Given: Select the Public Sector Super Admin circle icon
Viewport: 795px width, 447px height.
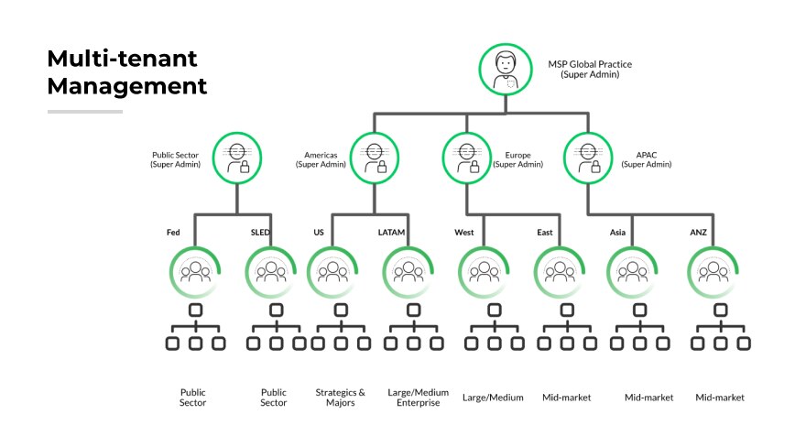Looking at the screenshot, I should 236,157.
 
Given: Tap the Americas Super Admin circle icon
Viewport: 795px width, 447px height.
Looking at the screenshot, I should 374,157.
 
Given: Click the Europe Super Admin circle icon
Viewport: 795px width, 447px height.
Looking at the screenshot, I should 465,157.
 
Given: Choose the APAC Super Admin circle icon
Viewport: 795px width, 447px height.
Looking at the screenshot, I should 586,157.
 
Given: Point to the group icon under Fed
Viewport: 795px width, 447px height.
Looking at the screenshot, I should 195,272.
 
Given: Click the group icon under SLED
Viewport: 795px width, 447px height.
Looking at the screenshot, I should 272,272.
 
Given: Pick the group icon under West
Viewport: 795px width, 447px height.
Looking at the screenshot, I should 482,272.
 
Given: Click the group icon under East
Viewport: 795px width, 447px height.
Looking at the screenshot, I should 559,272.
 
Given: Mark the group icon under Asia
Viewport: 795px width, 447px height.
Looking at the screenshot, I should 632,272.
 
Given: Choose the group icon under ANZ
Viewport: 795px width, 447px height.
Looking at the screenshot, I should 712,272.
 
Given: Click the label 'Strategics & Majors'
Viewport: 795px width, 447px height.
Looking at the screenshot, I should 340,398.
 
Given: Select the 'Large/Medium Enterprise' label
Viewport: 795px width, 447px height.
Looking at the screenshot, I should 413,398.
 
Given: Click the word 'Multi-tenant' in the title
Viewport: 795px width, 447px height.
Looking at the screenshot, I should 122,60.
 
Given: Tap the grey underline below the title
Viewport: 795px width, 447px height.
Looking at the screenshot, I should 84,112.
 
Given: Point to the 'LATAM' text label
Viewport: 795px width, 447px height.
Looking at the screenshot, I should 391,233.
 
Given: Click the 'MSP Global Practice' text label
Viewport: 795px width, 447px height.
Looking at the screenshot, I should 590,64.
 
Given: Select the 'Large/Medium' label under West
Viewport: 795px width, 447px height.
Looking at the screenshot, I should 493,398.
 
